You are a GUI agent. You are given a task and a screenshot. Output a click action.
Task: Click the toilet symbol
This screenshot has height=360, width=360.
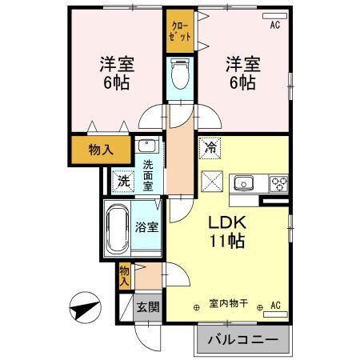coord(178,77)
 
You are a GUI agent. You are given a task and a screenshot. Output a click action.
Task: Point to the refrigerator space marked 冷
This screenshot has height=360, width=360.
coord(211,148)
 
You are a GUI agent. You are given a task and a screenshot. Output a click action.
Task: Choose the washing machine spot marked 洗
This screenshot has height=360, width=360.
coord(123,181)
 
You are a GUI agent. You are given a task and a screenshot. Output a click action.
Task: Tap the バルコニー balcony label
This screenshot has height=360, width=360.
coord(242,341)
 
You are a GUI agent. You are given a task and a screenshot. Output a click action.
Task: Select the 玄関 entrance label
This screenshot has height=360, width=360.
coord(146,306)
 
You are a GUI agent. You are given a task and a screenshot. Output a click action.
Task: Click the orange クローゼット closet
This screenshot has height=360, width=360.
coord(178,31)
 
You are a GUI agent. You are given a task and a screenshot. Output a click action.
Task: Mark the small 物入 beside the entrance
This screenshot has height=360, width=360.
coord(125,276)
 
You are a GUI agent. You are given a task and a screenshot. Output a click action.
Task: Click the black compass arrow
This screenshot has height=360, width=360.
coord(87,307)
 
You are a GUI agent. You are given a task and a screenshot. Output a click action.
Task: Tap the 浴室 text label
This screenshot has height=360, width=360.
coord(147,226)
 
